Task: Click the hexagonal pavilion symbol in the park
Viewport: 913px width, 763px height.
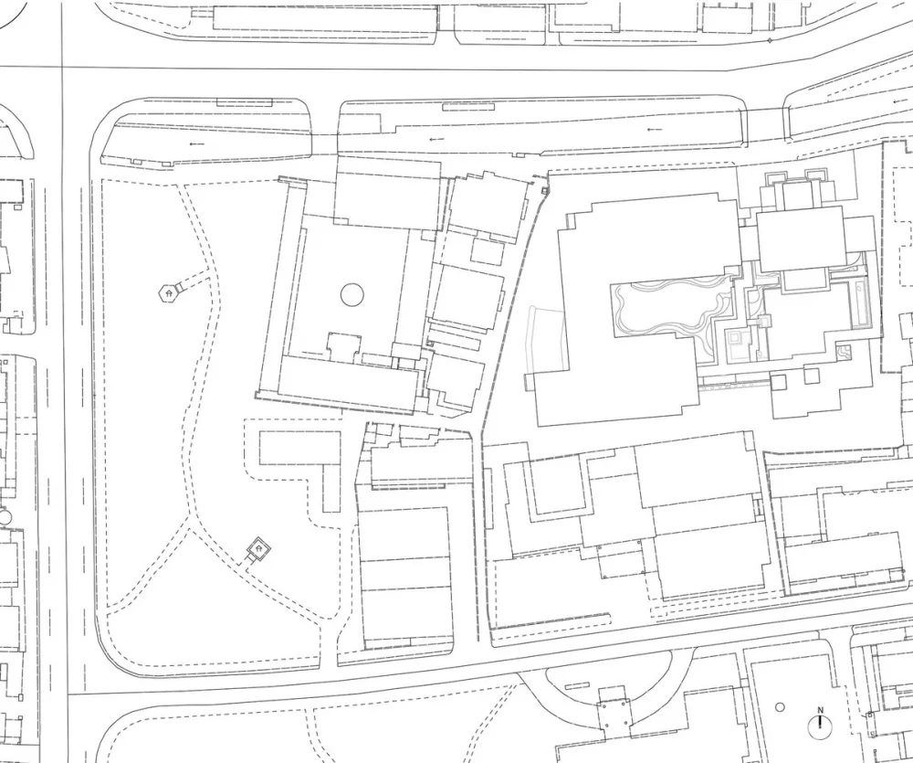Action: click(167, 292)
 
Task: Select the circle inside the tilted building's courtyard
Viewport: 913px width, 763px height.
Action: click(352, 294)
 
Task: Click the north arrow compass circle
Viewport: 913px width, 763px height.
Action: click(820, 727)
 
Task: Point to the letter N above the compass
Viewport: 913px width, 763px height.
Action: click(820, 711)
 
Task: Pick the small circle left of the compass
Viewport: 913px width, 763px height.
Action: click(779, 706)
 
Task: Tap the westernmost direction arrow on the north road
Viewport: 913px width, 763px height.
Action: click(194, 144)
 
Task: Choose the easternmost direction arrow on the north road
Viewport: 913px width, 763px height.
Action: click(654, 130)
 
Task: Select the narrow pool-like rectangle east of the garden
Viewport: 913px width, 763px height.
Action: click(859, 302)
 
